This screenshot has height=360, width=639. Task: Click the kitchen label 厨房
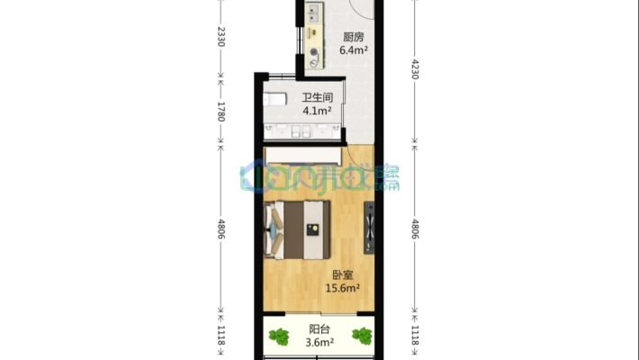click(x=354, y=38)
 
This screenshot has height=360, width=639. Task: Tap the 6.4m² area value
click(x=353, y=51)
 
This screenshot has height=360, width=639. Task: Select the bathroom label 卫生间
click(x=317, y=98)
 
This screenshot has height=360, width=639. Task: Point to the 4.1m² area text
click(x=316, y=112)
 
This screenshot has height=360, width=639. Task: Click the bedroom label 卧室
click(x=342, y=275)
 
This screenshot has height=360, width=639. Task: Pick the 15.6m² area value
click(x=342, y=289)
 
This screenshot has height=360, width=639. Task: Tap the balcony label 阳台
click(x=319, y=329)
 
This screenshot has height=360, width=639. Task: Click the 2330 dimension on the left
click(x=220, y=38)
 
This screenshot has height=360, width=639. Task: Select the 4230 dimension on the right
click(x=415, y=69)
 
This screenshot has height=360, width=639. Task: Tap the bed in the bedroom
click(x=297, y=229)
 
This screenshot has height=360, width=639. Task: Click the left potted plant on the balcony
click(x=280, y=337)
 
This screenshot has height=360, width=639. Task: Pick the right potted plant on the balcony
click(x=362, y=337)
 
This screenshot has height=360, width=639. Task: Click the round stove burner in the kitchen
click(x=312, y=52)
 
